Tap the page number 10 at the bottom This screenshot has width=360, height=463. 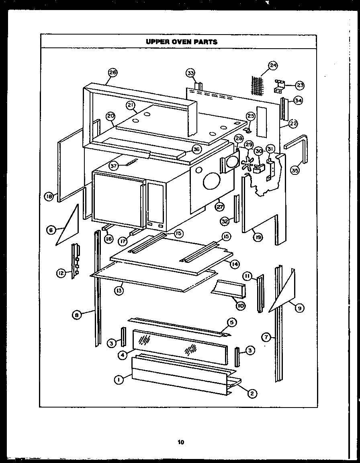click(180, 443)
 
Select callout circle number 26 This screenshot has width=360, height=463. click(112, 73)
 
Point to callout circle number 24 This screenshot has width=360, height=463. click(273, 65)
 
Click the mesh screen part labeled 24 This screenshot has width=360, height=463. click(257, 85)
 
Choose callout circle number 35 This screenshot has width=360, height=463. click(295, 171)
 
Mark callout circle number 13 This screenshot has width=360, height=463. click(119, 291)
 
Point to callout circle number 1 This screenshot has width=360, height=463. click(119, 379)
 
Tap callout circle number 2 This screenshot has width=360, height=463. click(252, 393)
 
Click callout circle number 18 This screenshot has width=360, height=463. click(49, 197)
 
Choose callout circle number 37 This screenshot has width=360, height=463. click(114, 166)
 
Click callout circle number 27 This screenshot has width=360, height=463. click(219, 207)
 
